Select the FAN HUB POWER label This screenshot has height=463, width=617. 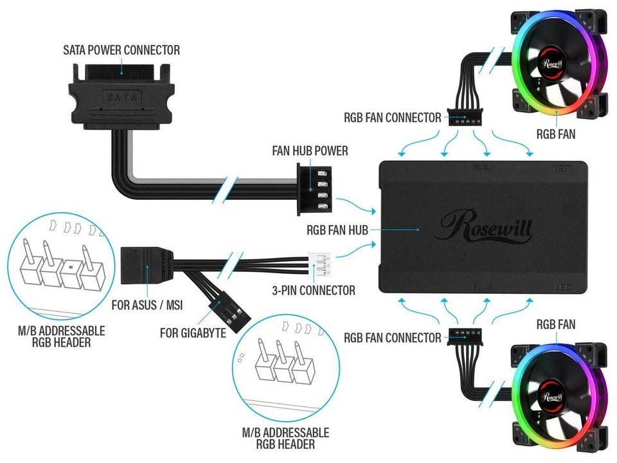click(x=310, y=151)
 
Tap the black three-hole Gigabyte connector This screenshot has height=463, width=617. click(x=232, y=313)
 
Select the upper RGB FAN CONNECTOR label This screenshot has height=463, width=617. click(x=392, y=118)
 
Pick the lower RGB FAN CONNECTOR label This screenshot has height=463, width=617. click(x=392, y=338)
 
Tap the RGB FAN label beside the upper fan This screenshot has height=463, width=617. click(x=556, y=134)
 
